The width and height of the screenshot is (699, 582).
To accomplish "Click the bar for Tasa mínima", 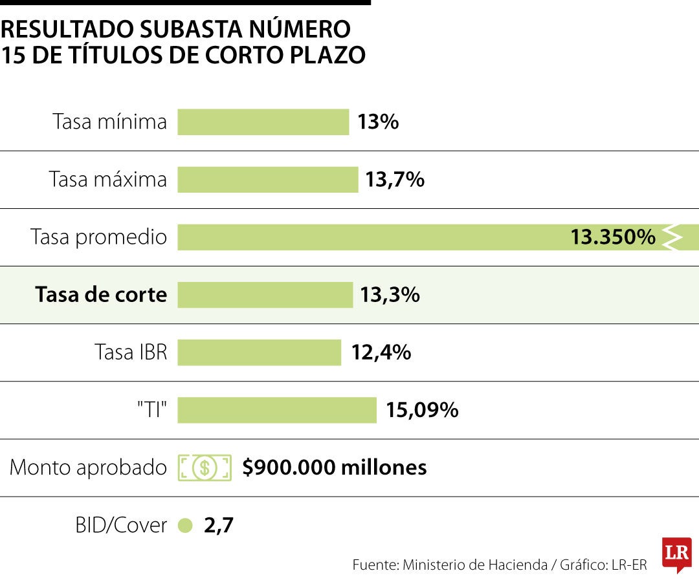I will click(x=263, y=122).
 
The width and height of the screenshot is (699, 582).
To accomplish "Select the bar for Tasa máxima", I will click(x=267, y=179).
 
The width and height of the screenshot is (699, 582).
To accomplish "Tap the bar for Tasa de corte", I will click(x=265, y=295).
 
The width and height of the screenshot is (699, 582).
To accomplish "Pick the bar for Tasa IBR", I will click(x=259, y=352).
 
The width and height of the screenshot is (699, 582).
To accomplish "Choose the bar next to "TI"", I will click(x=276, y=410).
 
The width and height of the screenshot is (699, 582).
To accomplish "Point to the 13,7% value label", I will click(x=394, y=179).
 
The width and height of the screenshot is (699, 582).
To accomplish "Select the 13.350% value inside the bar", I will click(x=612, y=237).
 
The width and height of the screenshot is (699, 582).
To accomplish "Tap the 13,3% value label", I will click(x=390, y=295).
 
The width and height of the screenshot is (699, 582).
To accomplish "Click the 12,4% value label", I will click(x=381, y=352).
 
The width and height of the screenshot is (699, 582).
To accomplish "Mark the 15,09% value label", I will click(x=422, y=410).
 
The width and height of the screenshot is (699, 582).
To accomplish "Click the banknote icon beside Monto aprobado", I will click(x=205, y=468).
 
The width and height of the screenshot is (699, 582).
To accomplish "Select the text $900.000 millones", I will click(x=334, y=468).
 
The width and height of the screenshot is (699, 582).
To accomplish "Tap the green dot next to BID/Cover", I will click(x=185, y=526).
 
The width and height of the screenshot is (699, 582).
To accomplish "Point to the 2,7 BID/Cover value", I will click(x=218, y=526).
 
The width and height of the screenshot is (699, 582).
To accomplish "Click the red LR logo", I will click(x=676, y=553).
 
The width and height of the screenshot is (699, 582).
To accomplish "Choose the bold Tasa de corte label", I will click(x=101, y=295).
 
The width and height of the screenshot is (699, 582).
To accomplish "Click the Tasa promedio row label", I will click(x=98, y=237).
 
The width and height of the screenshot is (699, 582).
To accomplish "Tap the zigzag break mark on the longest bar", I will click(x=674, y=237).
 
